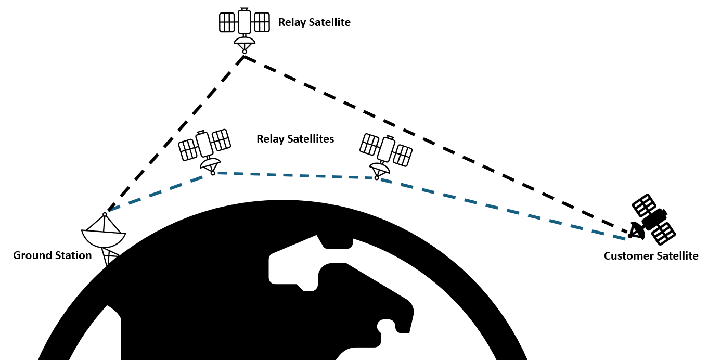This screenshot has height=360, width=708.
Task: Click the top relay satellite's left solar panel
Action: (x=227, y=22)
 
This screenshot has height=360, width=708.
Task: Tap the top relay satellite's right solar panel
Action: (x=262, y=22)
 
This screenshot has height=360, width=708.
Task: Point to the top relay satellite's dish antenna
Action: (x=244, y=41)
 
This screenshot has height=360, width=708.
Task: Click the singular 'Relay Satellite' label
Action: (x=314, y=22)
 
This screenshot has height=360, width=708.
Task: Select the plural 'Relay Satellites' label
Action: (x=295, y=139)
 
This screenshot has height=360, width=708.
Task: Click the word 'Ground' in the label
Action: (x=31, y=255)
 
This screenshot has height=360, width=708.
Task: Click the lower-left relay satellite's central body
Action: (x=203, y=144)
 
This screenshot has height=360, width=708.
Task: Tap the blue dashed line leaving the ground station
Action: (x=156, y=193)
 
